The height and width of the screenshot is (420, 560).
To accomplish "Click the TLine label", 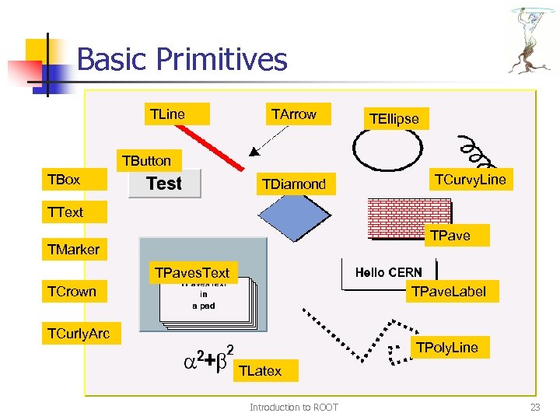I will coord(168,114).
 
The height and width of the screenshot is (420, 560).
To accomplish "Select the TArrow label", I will coord(294,114).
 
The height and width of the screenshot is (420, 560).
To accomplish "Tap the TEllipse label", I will coord(394,119).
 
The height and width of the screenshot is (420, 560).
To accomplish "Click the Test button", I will coord(164,184).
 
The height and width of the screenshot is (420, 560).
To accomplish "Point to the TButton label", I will coord(145,161).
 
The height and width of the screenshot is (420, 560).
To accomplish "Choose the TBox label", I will coord(64,180).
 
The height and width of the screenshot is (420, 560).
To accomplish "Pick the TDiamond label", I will coord(294,184).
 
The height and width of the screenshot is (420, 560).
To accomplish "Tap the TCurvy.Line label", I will coord(470,180).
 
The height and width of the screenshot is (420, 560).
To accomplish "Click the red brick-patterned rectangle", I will coord(408,219).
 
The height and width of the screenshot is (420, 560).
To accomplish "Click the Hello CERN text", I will coord(389,272).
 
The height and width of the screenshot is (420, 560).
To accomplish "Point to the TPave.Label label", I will coord(448,292).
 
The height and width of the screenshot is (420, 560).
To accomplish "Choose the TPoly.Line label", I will coord(447,347).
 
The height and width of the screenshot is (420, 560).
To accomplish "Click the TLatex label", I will coord(261,371).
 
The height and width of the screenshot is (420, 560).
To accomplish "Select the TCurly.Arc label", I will coord(79,334).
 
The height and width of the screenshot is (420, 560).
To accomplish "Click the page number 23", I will coord(534,407).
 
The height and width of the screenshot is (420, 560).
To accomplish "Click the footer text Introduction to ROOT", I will coord(293,407).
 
